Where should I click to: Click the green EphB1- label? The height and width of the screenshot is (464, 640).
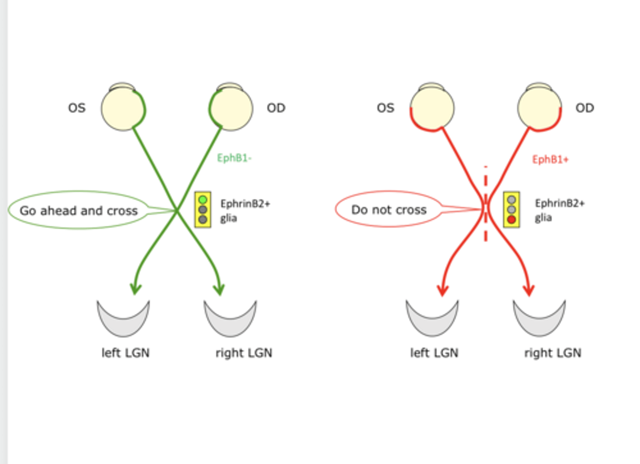pos(234,158)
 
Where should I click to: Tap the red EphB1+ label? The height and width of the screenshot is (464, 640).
pos(550,159)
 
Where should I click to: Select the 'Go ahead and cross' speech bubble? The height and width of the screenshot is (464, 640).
pos(79,210)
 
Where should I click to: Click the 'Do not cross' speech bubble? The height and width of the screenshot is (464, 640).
pos(388,210)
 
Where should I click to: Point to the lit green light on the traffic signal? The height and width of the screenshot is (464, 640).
pos(203,200)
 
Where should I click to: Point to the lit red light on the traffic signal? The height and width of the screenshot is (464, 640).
pos(511,219)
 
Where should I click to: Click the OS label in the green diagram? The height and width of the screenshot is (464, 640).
pos(76,108)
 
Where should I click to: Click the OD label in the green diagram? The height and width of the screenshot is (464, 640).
pos(276,108)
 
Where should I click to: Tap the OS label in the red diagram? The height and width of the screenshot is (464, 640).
pos(385,108)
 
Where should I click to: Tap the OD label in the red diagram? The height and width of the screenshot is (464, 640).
pos(584,108)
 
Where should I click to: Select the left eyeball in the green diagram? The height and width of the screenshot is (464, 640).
pos(123,108)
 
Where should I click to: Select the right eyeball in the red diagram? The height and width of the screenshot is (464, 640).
pos(539,108)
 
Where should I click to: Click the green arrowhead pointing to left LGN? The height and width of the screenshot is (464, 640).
pos(135,289)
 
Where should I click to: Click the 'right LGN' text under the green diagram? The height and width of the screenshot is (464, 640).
pos(244,353)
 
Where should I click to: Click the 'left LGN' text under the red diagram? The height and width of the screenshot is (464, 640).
pos(434,353)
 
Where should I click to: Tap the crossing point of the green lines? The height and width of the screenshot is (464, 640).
pos(177,210)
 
